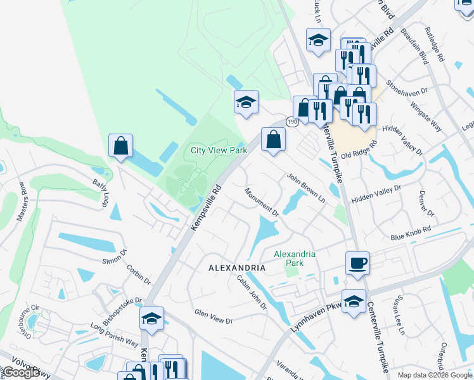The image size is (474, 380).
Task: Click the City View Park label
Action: pyautogui.click(x=219, y=151)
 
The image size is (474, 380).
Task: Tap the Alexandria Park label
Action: pyautogui.click(x=294, y=258)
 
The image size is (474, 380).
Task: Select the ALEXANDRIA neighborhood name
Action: pyautogui.click(x=236, y=268)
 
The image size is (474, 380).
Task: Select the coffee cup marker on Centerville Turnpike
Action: pyautogui.click(x=357, y=262)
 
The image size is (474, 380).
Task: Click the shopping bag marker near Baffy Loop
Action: pyautogui.click(x=120, y=146)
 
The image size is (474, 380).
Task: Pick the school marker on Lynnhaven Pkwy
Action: pyautogui.click(x=354, y=301)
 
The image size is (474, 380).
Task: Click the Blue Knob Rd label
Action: pyautogui.click(x=411, y=232)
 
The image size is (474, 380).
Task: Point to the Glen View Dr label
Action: pyautogui.click(x=214, y=317)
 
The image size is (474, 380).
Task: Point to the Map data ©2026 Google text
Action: pyautogui.click(x=435, y=375)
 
